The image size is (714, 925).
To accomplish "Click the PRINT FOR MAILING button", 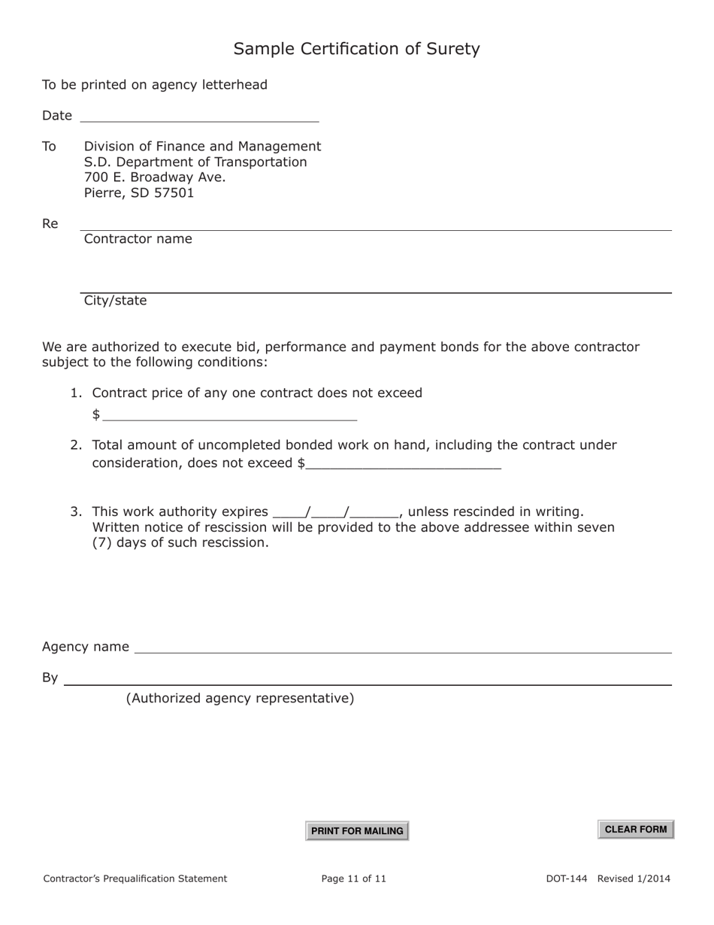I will click(357, 831).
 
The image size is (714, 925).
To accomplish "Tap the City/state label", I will click(115, 301).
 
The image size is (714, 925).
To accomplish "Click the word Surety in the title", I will click(453, 49).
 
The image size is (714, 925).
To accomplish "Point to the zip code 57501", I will click(175, 193).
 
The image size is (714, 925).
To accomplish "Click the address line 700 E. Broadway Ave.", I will click(154, 177).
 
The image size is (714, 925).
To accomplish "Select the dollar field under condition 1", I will click(229, 414).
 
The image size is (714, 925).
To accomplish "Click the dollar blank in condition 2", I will click(404, 462).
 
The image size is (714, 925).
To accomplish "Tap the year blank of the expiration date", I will click(374, 512).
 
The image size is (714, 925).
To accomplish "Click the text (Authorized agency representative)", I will click(240, 699).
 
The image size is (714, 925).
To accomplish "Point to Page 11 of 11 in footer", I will click(353, 878).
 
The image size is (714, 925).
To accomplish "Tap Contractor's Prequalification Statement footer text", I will click(135, 878).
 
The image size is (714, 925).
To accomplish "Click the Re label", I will click(50, 224).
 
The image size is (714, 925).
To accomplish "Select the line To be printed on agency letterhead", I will click(154, 85).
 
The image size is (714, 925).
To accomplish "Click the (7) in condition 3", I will click(101, 543).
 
